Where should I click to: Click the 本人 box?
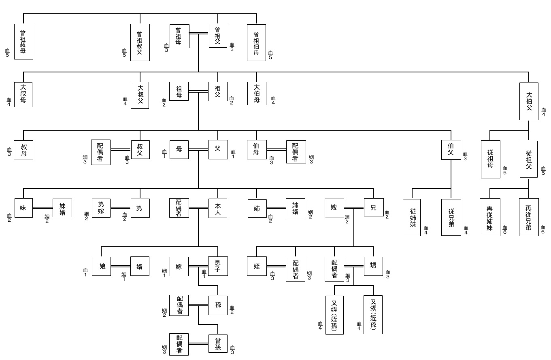pos(218,208)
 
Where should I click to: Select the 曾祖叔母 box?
pos(23,42)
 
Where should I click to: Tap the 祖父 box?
pos(218,91)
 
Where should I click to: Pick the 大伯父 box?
pos(529,101)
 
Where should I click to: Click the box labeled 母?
pos(179,150)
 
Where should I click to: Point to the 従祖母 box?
pos(490,159)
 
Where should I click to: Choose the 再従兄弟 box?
pos(529,217)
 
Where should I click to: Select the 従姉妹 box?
pos(412,217)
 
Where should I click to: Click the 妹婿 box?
pos(62,208)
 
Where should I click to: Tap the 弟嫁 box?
pos(101,208)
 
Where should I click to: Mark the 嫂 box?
pos(334,208)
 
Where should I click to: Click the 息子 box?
pos(218,266)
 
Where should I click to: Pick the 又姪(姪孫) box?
pos(334,315)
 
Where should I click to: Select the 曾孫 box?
pos(218,344)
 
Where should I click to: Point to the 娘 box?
pos(101,266)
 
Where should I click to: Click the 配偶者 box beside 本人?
pos(179,208)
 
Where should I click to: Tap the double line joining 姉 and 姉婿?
pos(276,208)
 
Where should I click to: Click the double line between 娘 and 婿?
pos(121,266)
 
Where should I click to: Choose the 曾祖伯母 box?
pos(256,42)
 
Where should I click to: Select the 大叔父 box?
pos(140,95)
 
